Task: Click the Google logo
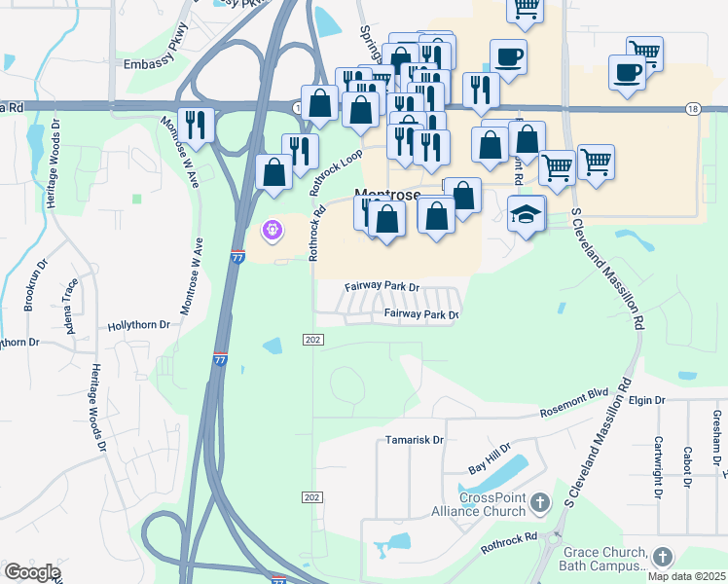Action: click(32, 572)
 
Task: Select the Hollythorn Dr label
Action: click(139, 325)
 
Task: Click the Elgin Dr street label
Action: click(646, 400)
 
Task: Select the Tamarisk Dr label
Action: click(414, 440)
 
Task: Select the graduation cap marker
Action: click(527, 213)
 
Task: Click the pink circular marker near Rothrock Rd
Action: click(272, 231)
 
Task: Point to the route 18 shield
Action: click(692, 108)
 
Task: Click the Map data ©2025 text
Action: click(686, 576)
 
